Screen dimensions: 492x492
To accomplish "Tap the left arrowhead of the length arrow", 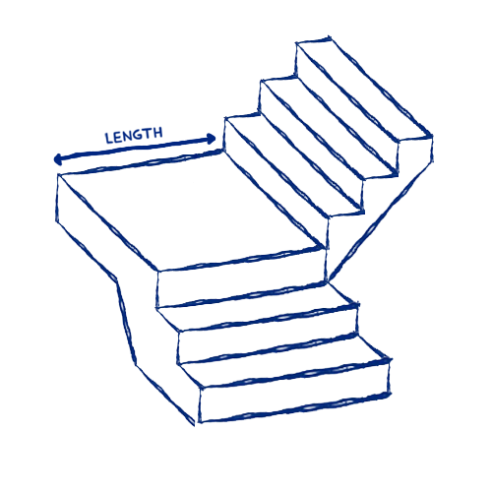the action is [58, 159].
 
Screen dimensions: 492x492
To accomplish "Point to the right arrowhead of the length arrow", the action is [211, 139].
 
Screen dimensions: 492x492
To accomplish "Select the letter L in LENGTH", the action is [109, 139].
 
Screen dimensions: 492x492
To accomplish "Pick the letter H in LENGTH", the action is [158, 133].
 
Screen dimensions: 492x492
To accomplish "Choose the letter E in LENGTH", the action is [119, 137].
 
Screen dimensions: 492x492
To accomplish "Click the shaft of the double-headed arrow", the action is [135, 149].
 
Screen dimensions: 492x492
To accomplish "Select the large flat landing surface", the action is [189, 210].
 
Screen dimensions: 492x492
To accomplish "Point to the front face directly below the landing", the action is [242, 278].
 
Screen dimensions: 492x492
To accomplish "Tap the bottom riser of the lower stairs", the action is [294, 391].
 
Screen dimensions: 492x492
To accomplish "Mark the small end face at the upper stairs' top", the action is [415, 154].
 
